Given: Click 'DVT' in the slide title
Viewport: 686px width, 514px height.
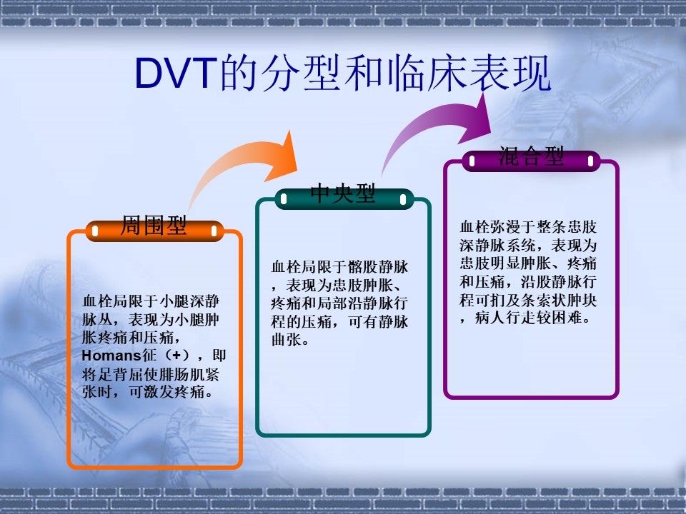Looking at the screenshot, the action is [176, 73].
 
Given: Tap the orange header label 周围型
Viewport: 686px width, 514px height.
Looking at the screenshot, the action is [154, 226].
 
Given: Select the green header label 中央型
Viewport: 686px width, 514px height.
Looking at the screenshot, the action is [343, 193].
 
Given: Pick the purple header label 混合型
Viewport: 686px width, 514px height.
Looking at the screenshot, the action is [531, 156].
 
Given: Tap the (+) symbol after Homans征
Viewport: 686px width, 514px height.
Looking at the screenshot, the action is [177, 356].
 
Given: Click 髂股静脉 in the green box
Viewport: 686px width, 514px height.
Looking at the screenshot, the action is [378, 266].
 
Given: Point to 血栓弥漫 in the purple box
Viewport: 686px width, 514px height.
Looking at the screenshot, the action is [490, 227].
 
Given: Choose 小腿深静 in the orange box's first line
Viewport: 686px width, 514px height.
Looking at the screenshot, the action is [189, 301].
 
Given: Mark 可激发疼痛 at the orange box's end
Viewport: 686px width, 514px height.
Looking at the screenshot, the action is [166, 392].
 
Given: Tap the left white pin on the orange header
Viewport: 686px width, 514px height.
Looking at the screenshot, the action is [95, 231].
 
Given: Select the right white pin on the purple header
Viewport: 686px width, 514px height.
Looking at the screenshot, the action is [591, 161].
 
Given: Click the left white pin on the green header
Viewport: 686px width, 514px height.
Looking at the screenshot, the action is [284, 199].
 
